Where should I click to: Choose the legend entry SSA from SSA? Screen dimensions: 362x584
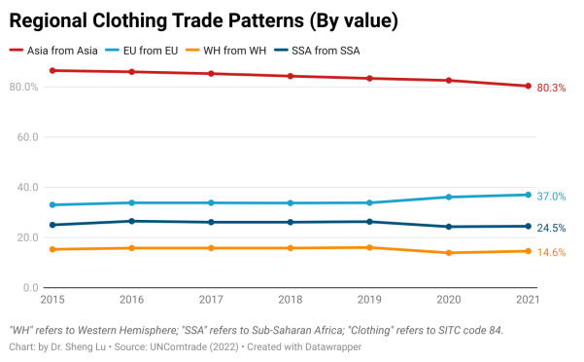coord(339,51)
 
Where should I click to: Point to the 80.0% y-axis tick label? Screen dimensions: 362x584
coord(23,87)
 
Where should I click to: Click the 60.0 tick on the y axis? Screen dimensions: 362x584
coord(26,137)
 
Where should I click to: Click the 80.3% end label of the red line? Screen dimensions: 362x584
coord(551,88)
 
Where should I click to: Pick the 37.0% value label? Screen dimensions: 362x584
coord(551,197)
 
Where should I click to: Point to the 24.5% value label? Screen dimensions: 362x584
coord(551,229)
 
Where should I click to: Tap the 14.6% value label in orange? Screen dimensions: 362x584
coord(551,253)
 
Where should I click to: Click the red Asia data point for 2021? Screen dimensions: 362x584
coord(528,86)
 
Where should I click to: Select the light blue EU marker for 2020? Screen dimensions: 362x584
coord(448,197)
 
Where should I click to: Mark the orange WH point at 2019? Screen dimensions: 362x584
coord(369,247)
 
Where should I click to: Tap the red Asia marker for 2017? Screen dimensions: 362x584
coord(210,74)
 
